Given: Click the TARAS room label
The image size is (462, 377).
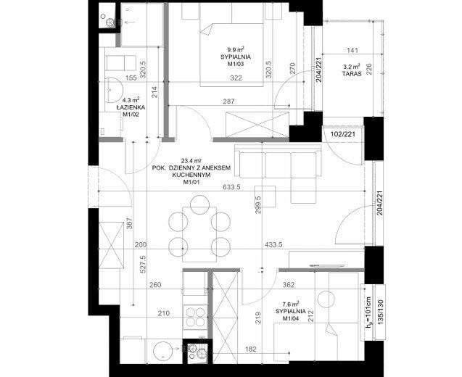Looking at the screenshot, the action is tap(352, 74).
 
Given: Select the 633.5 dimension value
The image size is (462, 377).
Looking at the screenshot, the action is tap(231, 187).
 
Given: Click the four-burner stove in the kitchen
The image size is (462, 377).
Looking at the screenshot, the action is tap(196, 317).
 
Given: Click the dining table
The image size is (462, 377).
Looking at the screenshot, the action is tap(199, 234).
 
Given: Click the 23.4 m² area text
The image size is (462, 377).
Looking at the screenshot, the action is tap(191, 161).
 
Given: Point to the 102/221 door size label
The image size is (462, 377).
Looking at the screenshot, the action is tap(342, 134).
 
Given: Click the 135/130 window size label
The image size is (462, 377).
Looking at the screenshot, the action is tap(380, 312).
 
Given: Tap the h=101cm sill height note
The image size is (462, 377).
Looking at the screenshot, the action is tap(369, 312).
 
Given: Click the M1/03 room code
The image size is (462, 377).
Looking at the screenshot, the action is tap(236, 64).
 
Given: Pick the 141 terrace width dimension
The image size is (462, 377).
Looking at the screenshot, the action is tap(352, 50).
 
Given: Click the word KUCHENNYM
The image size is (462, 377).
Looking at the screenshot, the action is tap(191, 175).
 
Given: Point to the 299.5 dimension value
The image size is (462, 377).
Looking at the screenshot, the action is tap(258, 205).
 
